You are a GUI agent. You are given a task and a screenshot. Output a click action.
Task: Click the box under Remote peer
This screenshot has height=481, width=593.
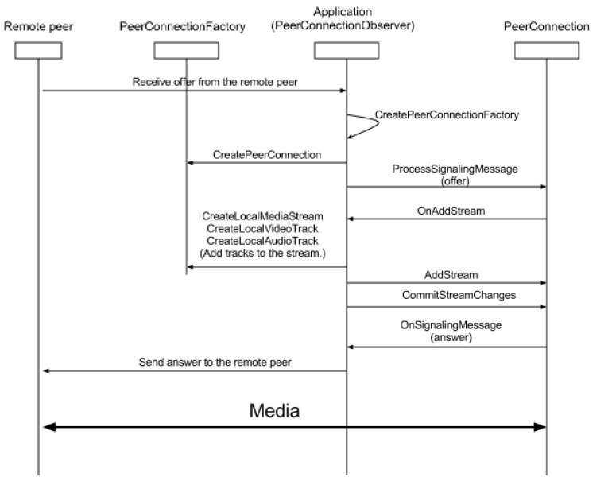[38, 51]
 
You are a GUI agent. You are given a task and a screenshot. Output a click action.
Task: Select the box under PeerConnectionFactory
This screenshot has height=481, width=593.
[186, 51]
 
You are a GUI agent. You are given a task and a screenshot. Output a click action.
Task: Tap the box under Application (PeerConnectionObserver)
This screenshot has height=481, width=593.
[347, 51]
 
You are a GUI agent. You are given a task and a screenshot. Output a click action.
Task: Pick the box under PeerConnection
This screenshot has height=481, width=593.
[546, 51]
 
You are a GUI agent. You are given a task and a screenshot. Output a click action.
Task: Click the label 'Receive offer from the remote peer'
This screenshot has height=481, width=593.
[215, 82]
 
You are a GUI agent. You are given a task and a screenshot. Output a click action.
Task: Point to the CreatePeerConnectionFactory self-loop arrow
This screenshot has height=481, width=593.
[378, 124]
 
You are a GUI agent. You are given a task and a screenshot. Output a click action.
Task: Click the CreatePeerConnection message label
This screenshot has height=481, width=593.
[267, 155]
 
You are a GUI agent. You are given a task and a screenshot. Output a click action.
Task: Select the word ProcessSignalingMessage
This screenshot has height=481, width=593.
[455, 169]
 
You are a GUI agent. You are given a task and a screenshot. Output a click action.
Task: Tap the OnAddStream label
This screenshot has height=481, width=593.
[452, 211]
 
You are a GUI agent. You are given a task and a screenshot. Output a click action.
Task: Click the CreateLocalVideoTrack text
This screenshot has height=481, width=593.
[262, 228]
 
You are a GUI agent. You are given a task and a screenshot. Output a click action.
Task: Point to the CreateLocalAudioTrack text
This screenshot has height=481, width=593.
[262, 241]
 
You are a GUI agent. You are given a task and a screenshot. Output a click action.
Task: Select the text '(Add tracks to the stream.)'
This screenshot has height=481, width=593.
[262, 253]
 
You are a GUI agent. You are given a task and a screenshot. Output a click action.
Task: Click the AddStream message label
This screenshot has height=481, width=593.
[452, 274]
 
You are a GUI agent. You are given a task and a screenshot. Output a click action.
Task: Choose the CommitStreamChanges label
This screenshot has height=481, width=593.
[459, 295]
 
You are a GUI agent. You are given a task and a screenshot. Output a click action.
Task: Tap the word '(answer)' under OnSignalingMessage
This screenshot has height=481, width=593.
[452, 337]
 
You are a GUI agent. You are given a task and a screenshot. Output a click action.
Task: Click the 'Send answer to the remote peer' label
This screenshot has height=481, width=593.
[215, 362]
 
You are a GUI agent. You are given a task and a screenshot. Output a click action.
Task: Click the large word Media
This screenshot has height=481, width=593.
[274, 411]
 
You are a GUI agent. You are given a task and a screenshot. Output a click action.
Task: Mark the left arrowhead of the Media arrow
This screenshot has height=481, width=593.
[49, 427]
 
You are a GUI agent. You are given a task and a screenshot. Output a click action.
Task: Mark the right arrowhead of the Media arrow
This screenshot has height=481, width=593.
[540, 427]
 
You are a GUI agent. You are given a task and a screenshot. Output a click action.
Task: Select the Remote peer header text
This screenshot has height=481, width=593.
[39, 26]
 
